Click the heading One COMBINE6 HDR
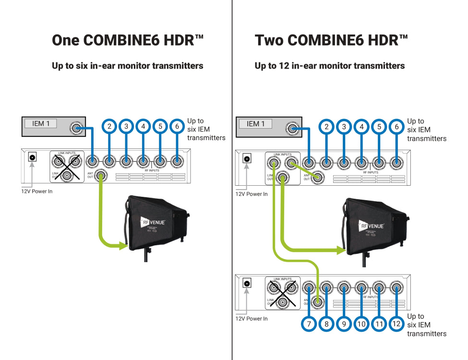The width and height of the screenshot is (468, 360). pyautogui.click(x=128, y=40)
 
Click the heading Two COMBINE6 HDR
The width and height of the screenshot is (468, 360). pyautogui.click(x=331, y=40)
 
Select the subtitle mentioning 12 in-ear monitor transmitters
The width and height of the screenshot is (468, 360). pyautogui.click(x=329, y=66)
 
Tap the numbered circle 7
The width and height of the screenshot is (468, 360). pyautogui.click(x=309, y=324)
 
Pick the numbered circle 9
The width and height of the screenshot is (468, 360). pyautogui.click(x=344, y=324)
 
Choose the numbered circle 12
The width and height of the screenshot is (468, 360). pyautogui.click(x=396, y=324)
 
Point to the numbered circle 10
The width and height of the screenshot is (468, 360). pyautogui.click(x=361, y=324)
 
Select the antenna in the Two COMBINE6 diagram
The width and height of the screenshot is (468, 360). pyautogui.click(x=375, y=227)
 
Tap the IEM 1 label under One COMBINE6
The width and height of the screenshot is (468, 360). pyautogui.click(x=41, y=124)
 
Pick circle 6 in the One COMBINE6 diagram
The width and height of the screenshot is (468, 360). pyautogui.click(x=177, y=126)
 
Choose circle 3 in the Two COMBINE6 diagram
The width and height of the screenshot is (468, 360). pyautogui.click(x=344, y=127)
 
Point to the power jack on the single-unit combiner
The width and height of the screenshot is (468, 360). pyautogui.click(x=32, y=157)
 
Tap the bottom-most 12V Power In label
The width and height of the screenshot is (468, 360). pyautogui.click(x=252, y=318)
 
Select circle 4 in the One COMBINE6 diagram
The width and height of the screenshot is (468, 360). pyautogui.click(x=143, y=126)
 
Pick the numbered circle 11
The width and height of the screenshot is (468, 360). pyautogui.click(x=379, y=324)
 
